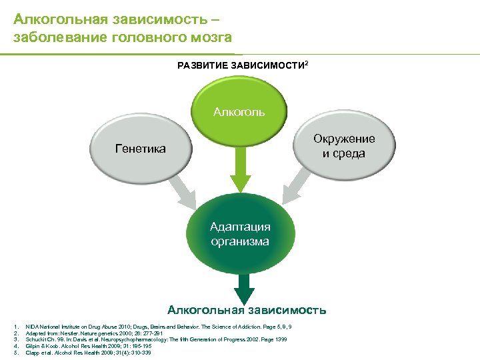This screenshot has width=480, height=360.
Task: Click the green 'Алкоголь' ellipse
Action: tap(239, 107)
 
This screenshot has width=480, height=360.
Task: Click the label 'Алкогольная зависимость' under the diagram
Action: tap(247, 309)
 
